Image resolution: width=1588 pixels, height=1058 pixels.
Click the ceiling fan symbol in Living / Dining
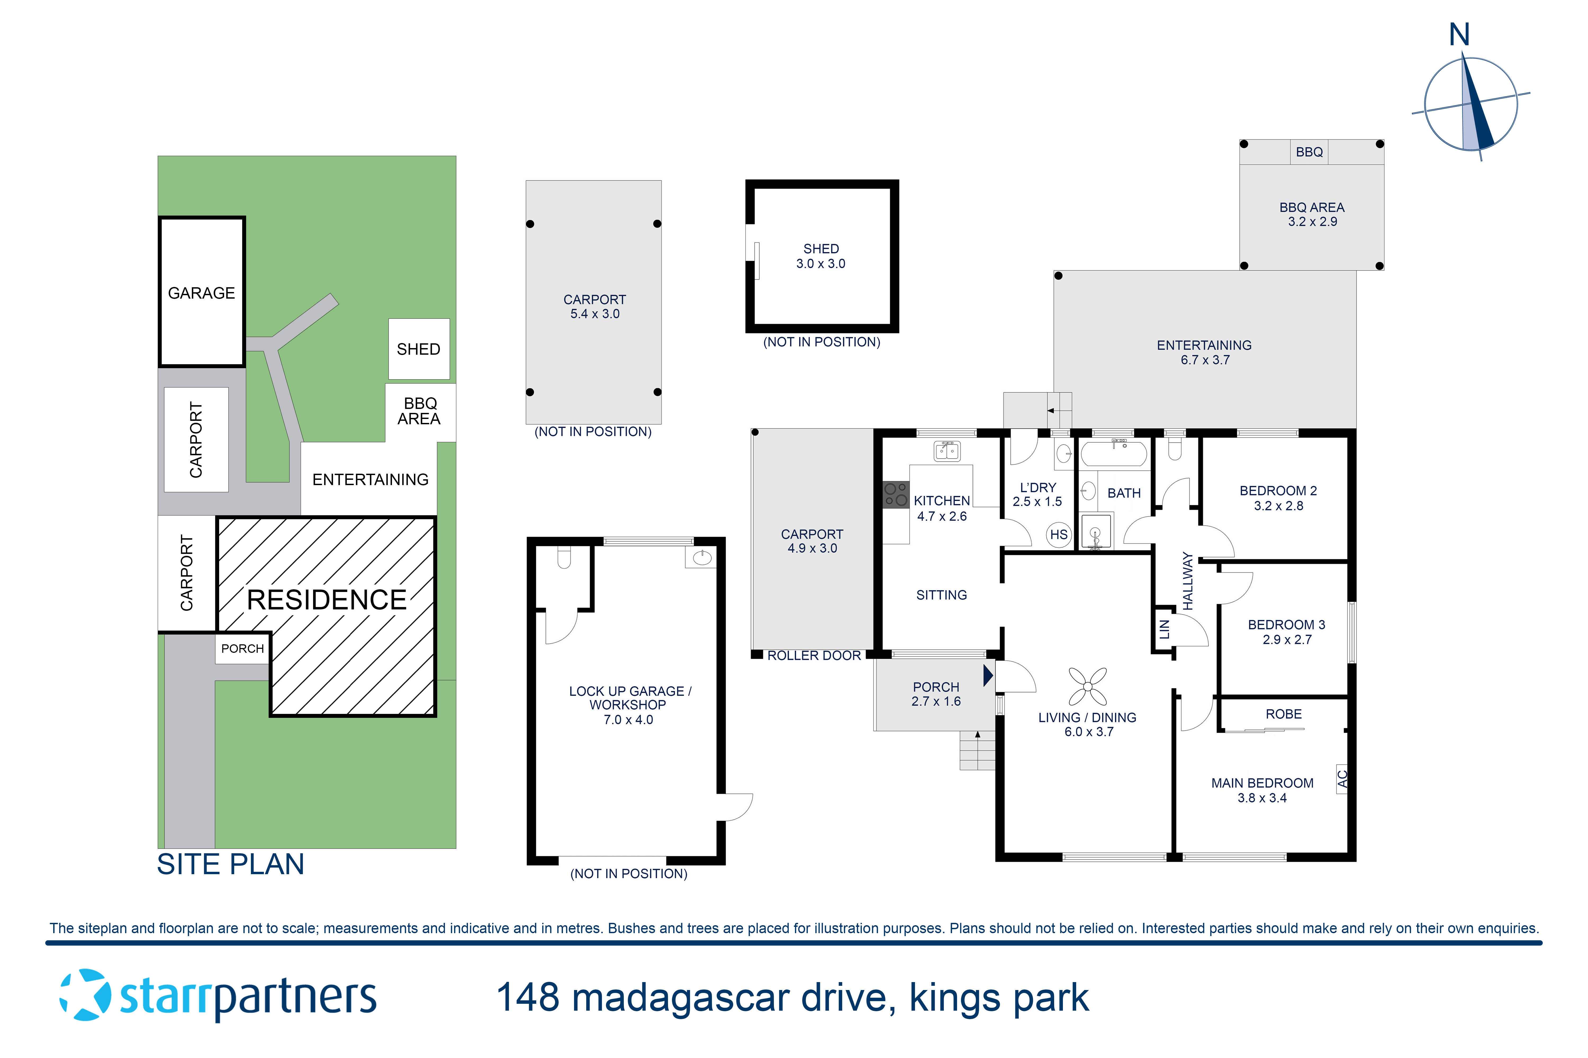1088,687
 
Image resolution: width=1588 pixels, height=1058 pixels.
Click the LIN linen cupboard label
1164,630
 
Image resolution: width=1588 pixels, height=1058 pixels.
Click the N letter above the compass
1459,35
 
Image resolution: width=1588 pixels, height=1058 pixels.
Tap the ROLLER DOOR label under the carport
814,656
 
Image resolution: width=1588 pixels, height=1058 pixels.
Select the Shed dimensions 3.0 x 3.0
820,264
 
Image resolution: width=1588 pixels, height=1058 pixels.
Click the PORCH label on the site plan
242,649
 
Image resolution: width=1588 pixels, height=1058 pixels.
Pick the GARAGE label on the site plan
201,293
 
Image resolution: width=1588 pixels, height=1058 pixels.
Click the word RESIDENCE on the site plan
327,600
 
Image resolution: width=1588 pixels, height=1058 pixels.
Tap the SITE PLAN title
230,864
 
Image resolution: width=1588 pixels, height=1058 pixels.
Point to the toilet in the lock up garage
564,557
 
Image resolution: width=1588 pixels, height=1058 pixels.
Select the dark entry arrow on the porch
988,675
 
